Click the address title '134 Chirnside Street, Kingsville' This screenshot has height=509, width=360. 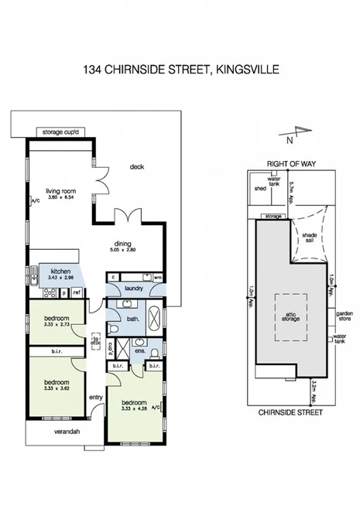180,70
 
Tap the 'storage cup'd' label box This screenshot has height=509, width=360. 60,132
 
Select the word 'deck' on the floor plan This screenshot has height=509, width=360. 137,166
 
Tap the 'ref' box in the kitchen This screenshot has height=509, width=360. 77,292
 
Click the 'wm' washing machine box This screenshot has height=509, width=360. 158,277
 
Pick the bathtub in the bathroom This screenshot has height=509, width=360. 153,319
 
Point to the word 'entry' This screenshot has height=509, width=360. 96,398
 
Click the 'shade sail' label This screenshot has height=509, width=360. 310,236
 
